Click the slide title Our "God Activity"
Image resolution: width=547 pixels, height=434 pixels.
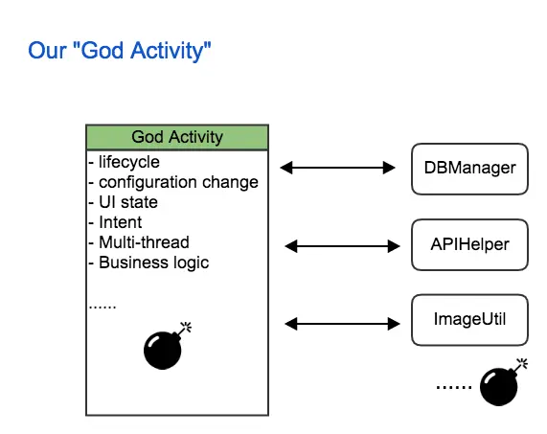120,52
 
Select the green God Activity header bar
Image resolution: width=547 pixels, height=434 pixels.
177,137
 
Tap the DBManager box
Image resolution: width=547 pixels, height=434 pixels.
469,168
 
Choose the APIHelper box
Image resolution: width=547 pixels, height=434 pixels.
469,245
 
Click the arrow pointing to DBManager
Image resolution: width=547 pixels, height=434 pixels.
338,168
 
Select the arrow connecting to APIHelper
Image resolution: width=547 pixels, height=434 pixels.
341,246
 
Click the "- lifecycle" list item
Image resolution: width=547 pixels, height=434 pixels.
125,162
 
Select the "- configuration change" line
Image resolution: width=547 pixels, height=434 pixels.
173,182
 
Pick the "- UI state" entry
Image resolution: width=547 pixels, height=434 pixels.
123,202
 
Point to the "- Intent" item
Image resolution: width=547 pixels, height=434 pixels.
115,222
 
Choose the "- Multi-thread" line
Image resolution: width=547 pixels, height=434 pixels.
139,242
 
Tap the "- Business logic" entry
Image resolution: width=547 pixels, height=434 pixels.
148,263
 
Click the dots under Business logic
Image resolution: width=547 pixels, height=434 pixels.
103,307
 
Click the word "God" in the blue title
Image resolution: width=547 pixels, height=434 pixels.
108,52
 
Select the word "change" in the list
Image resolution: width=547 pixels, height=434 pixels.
233,182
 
